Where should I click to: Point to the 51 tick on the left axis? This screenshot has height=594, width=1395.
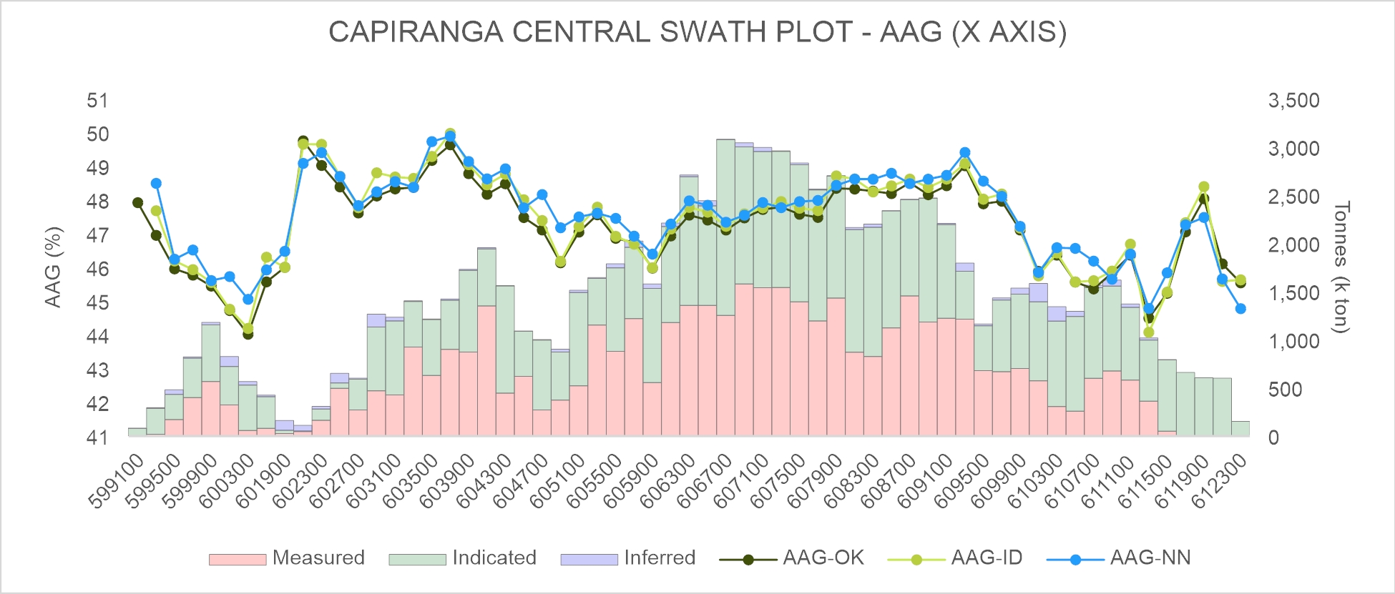98,101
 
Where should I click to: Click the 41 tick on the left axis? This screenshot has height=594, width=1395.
98,437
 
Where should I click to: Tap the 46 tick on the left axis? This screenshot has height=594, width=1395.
98,269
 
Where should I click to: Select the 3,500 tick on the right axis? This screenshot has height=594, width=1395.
1293,101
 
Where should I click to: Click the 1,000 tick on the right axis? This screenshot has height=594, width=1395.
1293,341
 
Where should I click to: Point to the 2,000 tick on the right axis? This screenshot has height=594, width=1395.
1293,245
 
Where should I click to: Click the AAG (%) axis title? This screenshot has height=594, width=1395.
54,267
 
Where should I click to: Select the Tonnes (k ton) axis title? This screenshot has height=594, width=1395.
1341,267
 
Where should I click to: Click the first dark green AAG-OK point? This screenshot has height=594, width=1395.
138,202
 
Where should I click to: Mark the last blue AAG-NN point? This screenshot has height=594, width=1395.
1240,309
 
